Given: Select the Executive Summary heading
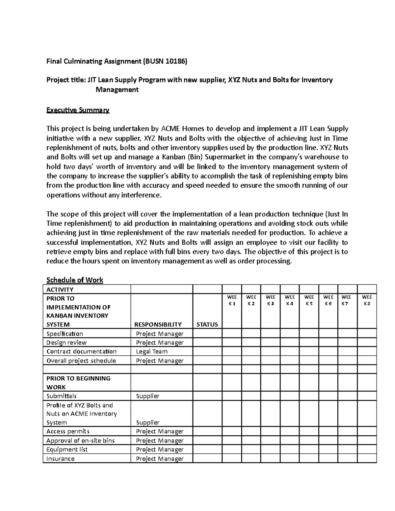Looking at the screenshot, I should [78, 110].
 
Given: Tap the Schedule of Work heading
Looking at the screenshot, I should [75, 280].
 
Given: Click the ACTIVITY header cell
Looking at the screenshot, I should [60, 290].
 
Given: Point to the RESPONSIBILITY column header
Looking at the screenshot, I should [158, 324].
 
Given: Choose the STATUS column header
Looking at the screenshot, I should [207, 324].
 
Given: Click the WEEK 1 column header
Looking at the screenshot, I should [232, 300].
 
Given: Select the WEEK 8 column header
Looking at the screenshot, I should [367, 300].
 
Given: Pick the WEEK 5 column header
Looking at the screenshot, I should [309, 300].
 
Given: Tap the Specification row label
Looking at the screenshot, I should [65, 334].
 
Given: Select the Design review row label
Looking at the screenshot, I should [66, 343].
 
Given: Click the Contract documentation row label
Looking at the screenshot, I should [81, 351].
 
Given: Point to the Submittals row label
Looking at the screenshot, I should [62, 396].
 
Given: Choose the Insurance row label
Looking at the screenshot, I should [61, 459].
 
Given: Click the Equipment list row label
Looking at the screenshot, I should [67, 449].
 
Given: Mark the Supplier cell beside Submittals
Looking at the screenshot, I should [148, 396].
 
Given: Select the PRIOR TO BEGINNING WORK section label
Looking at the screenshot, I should [78, 383].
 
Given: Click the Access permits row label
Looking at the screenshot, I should [68, 431].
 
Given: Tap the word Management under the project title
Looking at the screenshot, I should [117, 89].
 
